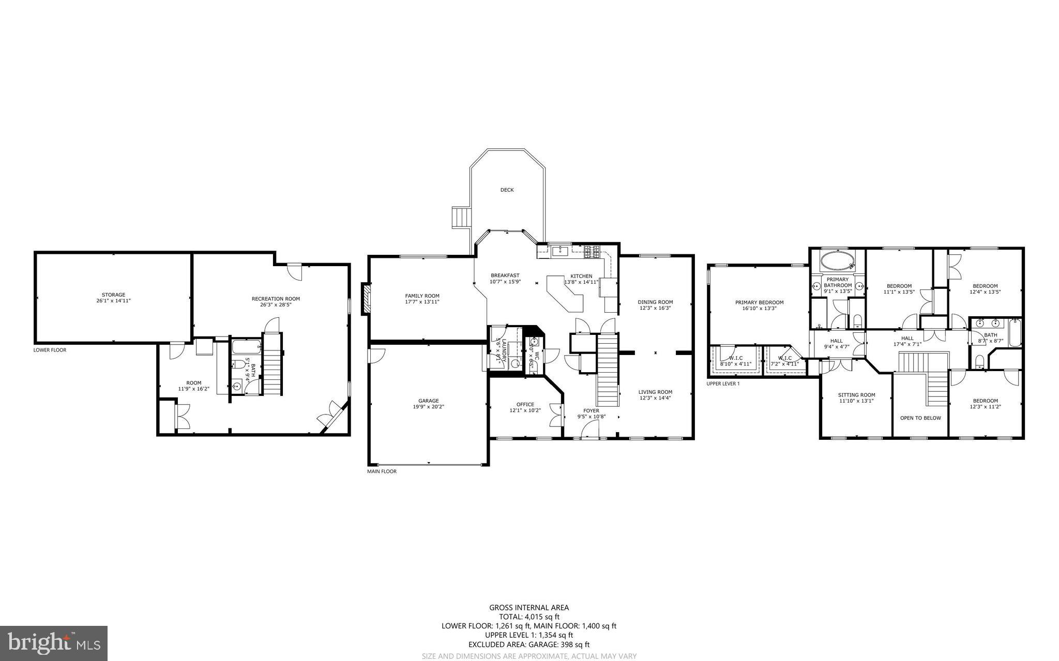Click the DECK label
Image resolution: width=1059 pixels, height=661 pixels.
click(x=507, y=190)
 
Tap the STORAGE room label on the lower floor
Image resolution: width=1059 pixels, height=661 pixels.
click(x=113, y=295)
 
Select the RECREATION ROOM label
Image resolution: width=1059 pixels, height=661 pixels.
click(x=276, y=299)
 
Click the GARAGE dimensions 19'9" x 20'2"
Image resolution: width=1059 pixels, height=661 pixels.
click(x=428, y=407)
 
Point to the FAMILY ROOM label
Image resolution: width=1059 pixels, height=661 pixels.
click(x=422, y=296)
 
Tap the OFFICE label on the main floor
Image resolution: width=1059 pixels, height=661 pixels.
click(x=525, y=405)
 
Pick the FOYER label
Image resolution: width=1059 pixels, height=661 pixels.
click(x=591, y=411)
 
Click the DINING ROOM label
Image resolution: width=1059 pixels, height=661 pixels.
click(x=655, y=302)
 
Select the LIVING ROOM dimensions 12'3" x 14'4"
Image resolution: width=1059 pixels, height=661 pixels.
click(x=655, y=398)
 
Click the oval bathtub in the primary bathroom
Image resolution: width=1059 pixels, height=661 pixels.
click(x=837, y=260)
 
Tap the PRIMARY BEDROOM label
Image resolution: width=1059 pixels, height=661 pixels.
click(x=759, y=303)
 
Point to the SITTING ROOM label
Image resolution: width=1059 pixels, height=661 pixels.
click(x=856, y=395)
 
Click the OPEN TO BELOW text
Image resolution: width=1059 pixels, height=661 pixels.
click(x=920, y=418)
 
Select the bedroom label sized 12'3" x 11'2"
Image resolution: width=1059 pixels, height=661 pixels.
click(x=985, y=401)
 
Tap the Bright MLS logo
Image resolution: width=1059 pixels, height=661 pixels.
click(x=54, y=643)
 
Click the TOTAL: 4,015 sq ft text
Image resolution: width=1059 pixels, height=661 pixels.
click(x=528, y=617)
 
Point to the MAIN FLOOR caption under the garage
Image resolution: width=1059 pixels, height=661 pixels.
click(x=382, y=471)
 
